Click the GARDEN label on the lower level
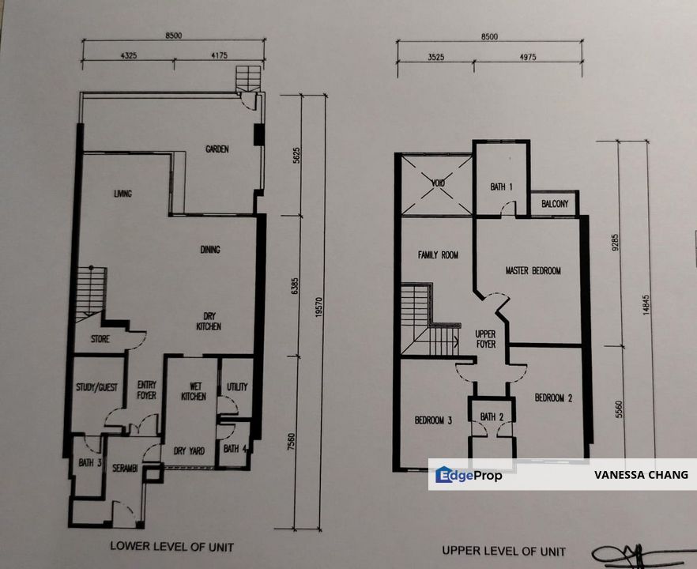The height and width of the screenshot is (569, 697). (x=217, y=149)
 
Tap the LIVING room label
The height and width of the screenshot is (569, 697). (x=122, y=194)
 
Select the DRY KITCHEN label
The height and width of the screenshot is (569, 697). (x=209, y=320)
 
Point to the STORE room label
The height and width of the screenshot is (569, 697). (x=100, y=340)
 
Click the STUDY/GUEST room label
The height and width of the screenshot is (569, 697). (x=96, y=387)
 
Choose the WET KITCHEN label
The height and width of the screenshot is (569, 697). (x=193, y=391)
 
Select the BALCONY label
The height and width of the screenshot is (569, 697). (x=555, y=204)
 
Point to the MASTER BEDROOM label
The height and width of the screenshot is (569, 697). (x=533, y=271)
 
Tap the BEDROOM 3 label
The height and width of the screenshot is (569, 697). (x=433, y=420)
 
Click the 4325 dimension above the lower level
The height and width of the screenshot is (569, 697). (x=130, y=55)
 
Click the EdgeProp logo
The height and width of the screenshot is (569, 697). (x=469, y=475)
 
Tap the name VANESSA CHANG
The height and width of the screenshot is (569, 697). (x=641, y=475)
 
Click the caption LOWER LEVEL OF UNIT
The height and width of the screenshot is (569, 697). (x=171, y=546)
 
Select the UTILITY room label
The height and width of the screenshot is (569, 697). (x=237, y=387)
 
